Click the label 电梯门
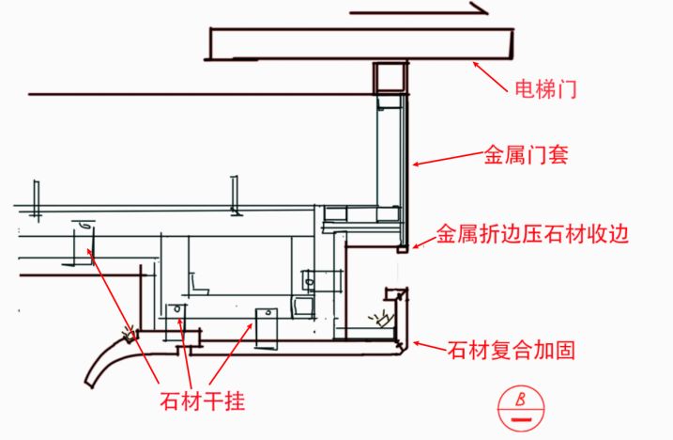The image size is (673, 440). coord(545,90)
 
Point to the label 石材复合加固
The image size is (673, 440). coord(511,352)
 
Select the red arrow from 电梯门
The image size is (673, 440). coord(493,74)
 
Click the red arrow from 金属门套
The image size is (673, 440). coord(445,160)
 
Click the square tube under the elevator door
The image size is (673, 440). coord(389,77)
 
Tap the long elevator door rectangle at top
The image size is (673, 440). coord(361,43)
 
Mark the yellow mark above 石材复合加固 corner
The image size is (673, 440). coord(382,316)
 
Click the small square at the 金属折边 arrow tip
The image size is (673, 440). coord(403,250)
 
